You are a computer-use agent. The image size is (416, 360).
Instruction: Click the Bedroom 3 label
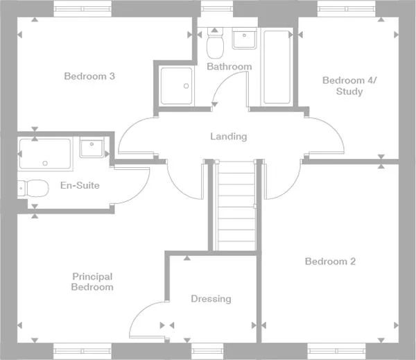click(89, 76)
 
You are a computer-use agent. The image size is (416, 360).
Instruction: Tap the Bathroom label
click(229, 67)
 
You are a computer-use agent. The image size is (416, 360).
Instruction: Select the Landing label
click(228, 137)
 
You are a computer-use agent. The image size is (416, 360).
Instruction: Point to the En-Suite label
click(80, 185)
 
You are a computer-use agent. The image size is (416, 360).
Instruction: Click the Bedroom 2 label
click(330, 262)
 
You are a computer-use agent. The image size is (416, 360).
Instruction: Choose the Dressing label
click(211, 299)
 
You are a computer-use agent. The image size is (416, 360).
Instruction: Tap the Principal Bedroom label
click(92, 281)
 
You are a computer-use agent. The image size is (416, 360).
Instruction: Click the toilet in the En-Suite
click(33, 187)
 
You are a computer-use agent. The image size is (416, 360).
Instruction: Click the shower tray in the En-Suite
click(45, 153)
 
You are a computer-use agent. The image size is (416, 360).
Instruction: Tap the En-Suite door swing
click(132, 183)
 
